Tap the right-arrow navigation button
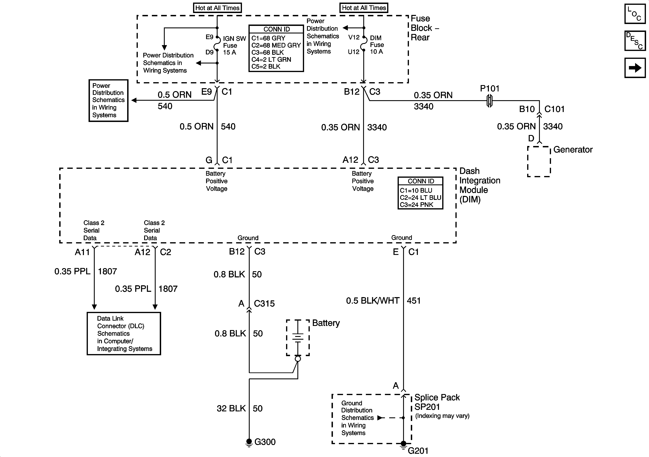point(635,68)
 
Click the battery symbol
point(298,337)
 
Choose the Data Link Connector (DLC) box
point(124,333)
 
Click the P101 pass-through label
point(490,89)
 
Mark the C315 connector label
point(264,303)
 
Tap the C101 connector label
point(554,109)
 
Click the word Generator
point(573,150)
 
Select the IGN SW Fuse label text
point(234,45)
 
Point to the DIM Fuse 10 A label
point(377,45)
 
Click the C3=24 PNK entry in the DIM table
point(416,205)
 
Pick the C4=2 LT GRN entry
point(271,59)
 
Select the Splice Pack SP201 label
point(437,402)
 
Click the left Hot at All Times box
point(217,8)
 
